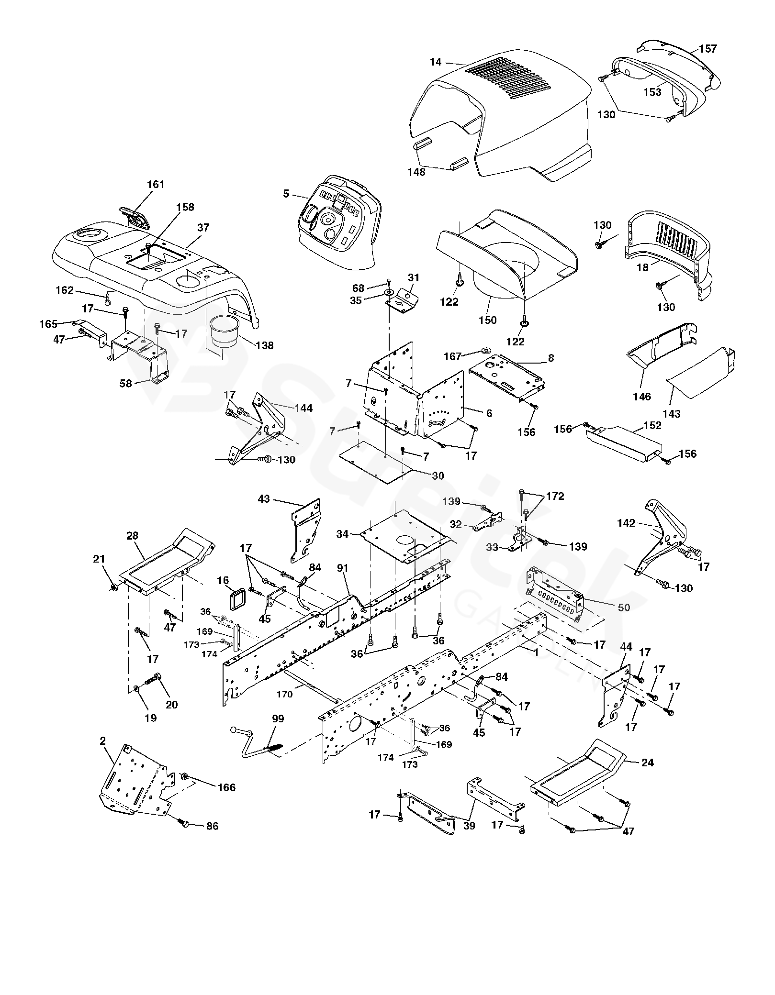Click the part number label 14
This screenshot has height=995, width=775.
click(x=435, y=62)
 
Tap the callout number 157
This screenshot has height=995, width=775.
click(x=708, y=49)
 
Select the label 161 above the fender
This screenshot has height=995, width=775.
click(x=155, y=185)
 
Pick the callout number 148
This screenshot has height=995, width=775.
click(x=416, y=172)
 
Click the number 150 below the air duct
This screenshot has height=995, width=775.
click(x=488, y=320)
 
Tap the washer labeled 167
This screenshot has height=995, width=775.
click(x=487, y=350)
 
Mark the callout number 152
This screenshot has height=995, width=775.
click(x=652, y=425)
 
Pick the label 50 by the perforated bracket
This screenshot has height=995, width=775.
click(x=624, y=608)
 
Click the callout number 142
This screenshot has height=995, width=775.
click(x=626, y=523)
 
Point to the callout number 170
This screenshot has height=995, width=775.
click(x=284, y=694)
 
